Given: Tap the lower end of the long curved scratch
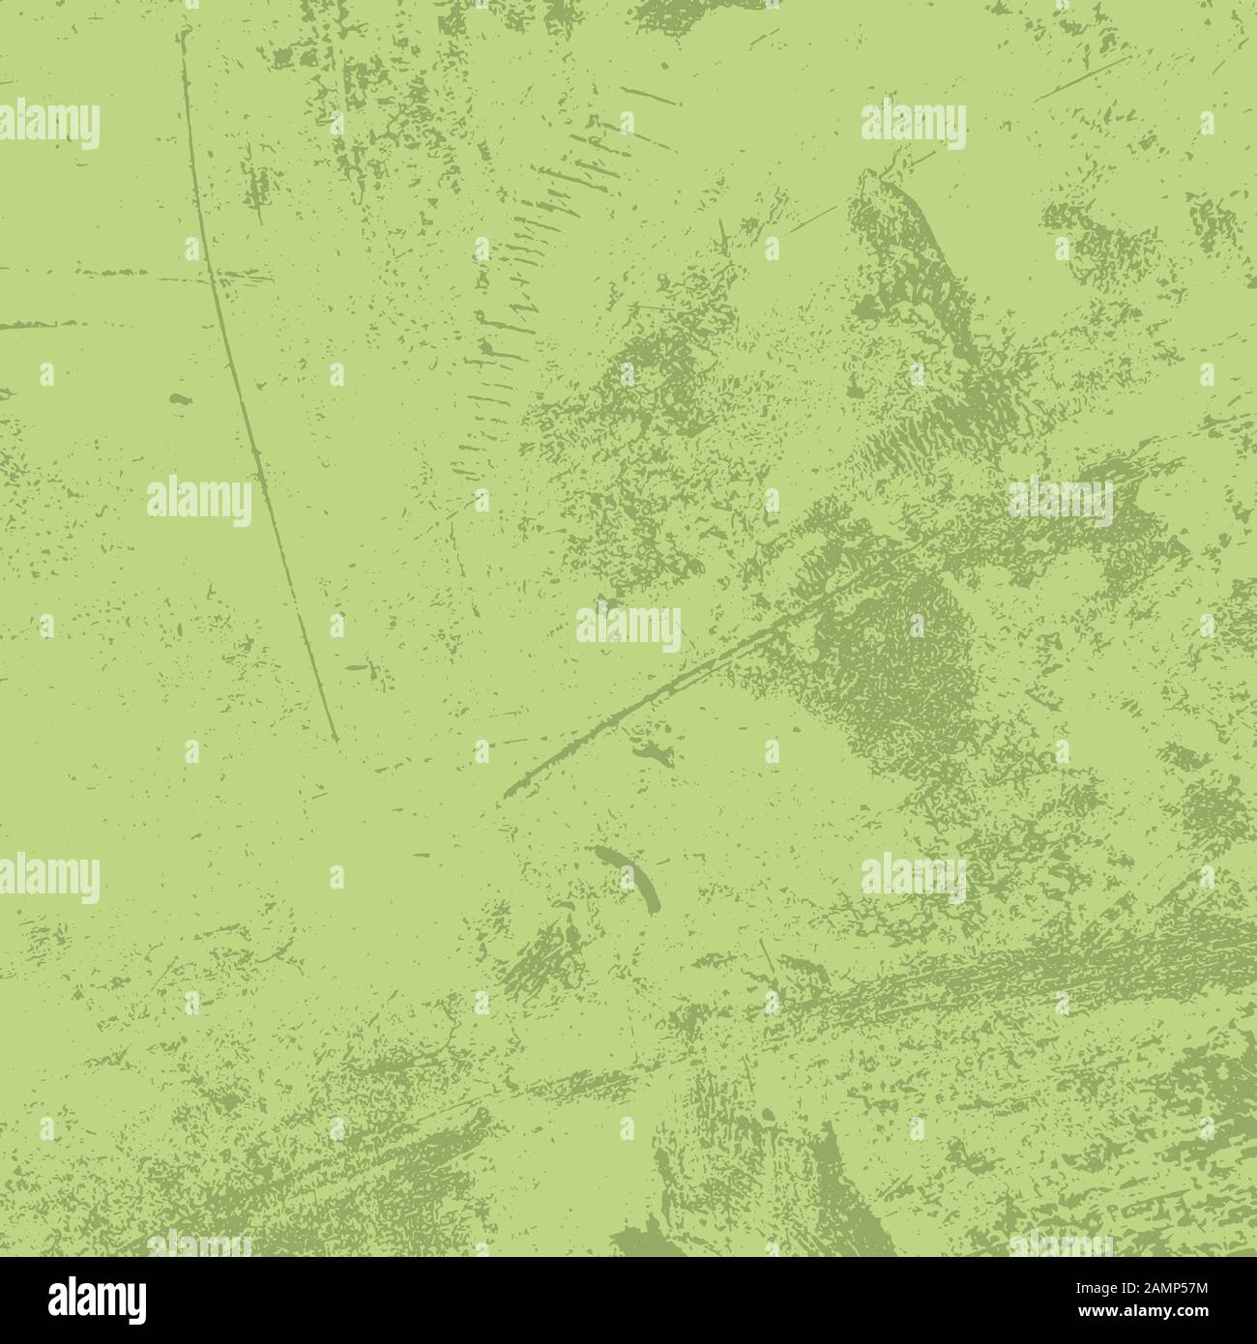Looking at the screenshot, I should coord(336,740).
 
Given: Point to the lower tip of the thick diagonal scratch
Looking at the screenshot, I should coord(506,795).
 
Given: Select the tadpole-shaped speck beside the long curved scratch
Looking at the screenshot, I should coord(180,397).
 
